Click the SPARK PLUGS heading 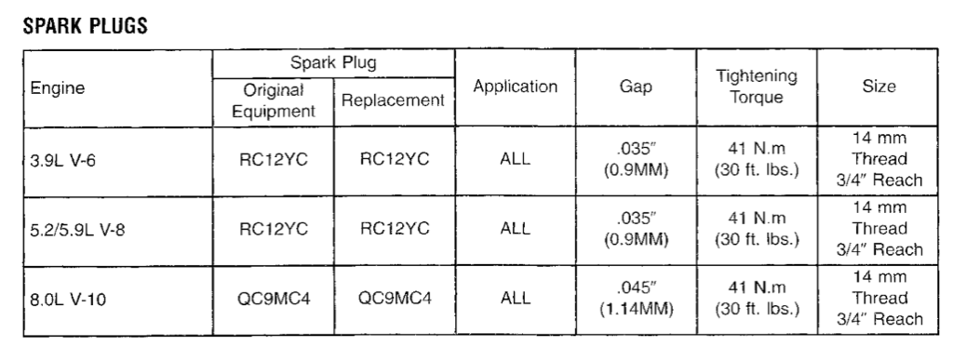pos(85,25)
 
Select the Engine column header pos(58,88)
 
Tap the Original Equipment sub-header pos(274,100)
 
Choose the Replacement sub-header pos(394,100)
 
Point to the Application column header pos(516,87)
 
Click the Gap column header pos(636,87)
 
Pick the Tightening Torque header pos(756,87)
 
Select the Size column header pos(879,87)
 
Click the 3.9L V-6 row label pos(62,162)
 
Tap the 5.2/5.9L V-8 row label pos(77,231)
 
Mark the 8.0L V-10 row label pos(67,300)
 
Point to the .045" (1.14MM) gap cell pos(637,298)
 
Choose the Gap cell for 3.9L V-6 pos(636,160)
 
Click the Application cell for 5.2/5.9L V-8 pos(516,229)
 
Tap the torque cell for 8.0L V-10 pos(756,298)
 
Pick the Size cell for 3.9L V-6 pos(879,159)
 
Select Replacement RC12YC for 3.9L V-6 pos(395,159)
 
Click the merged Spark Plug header pos(333,62)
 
